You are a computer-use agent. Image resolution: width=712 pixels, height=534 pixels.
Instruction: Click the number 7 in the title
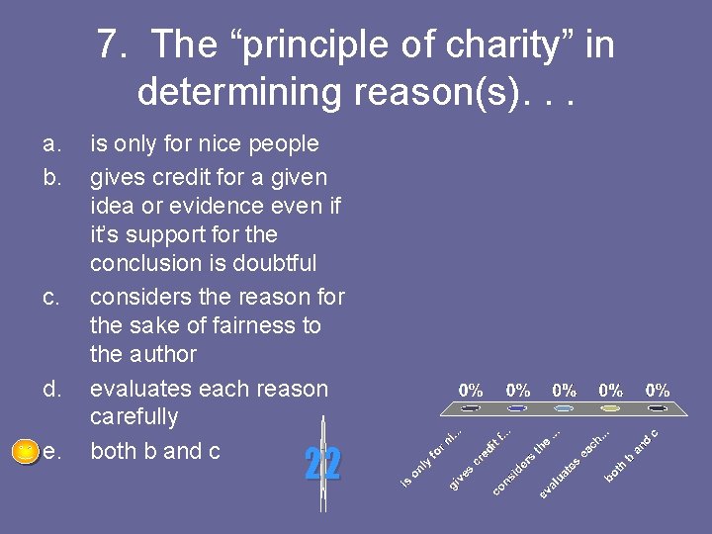click(108, 45)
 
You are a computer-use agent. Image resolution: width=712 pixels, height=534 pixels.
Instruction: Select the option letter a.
click(51, 144)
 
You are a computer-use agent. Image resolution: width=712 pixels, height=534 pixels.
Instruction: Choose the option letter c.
click(51, 297)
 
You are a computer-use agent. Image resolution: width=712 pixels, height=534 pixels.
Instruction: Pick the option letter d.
click(51, 389)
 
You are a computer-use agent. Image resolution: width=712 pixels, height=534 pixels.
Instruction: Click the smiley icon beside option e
click(25, 452)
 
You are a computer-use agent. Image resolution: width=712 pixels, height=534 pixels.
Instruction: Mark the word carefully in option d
click(133, 417)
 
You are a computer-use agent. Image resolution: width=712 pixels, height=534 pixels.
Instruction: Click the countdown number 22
click(322, 463)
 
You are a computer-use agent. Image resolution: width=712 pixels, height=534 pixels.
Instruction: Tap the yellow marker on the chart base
click(611, 407)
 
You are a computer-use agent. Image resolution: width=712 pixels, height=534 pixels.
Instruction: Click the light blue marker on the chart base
click(564, 407)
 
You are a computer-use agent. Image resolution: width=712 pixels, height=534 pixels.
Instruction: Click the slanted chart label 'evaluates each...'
click(575, 461)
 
